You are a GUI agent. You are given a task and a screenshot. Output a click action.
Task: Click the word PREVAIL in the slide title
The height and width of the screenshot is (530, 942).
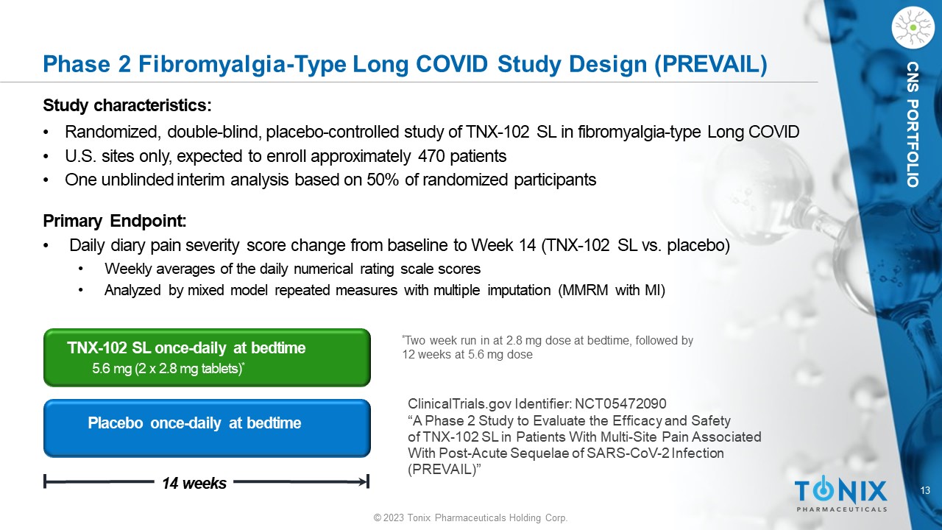710,64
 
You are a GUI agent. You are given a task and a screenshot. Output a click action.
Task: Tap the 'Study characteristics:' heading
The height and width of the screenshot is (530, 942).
127,105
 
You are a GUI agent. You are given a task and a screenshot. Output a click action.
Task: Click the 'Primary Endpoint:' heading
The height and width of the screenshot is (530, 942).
114,221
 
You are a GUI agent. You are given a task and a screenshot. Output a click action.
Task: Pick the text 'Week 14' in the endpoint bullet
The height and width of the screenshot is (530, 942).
503,245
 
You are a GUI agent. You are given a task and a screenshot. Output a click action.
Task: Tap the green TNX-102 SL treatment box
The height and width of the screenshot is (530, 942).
207,358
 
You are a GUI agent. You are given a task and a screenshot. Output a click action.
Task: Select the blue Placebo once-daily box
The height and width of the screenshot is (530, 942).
207,428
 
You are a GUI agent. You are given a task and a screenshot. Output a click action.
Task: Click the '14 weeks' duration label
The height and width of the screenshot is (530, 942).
194,484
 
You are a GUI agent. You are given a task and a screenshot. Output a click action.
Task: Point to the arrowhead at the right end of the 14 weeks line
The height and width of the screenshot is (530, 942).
364,481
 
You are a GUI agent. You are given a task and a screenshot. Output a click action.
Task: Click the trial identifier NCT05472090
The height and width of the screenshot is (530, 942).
620,404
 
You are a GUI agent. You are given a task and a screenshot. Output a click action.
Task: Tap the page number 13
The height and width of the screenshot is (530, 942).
925,490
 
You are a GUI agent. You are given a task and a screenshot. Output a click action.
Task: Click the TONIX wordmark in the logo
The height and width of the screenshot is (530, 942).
840,490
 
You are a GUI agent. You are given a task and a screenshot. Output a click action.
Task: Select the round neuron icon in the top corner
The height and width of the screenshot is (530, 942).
913,28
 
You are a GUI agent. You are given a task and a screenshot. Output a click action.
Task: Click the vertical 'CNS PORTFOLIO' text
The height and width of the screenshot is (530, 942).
913,124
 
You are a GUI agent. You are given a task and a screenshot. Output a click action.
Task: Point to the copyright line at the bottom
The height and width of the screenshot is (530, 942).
470,517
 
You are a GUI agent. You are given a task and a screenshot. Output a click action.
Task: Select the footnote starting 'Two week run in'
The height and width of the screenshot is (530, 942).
548,347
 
